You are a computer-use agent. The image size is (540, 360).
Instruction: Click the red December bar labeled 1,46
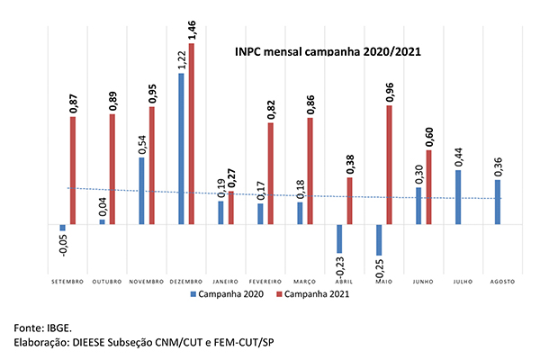191,133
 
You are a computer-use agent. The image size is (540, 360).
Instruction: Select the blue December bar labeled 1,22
181,148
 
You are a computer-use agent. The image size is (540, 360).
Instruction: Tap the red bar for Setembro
73,170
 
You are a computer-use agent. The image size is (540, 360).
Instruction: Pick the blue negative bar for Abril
340,238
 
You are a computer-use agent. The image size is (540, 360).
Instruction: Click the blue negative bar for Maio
379,239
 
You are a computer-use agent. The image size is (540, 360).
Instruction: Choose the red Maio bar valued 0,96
390,165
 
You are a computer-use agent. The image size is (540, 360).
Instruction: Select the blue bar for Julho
459,197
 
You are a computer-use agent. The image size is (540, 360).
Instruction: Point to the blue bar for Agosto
498,202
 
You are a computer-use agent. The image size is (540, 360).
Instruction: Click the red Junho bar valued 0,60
428,187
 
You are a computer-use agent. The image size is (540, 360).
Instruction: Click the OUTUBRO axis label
108,282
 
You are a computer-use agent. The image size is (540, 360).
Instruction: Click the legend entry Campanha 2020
226,293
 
